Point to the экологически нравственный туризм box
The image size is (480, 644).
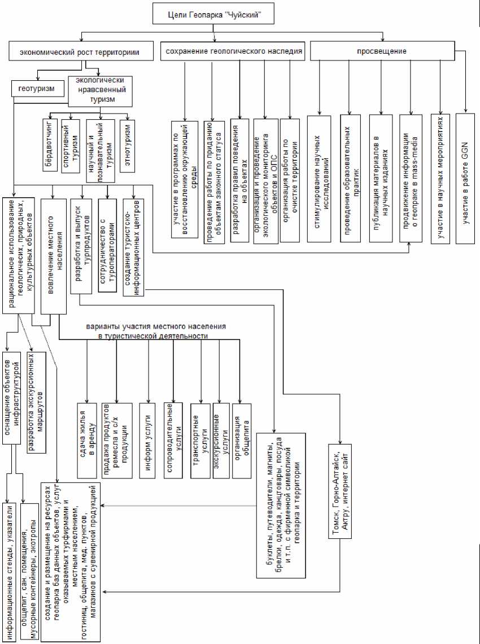99,90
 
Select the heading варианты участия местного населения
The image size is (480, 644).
156,331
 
